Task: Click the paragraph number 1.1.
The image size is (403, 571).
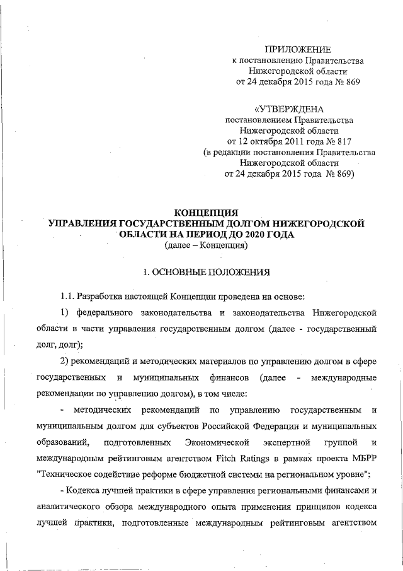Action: point(69,296)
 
